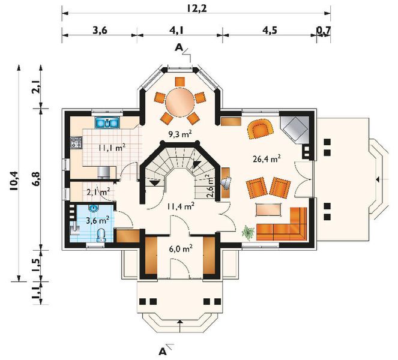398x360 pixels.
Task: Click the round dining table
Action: tap(180, 103)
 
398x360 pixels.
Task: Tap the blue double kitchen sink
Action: tap(107, 123)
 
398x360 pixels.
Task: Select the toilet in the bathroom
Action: tap(101, 235)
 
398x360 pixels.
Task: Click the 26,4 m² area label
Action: tap(267, 159)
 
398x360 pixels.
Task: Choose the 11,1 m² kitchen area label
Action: tap(112, 147)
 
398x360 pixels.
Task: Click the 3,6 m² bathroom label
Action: tap(98, 220)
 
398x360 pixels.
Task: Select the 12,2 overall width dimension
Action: tap(197, 8)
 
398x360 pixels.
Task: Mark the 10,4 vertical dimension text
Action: tap(14, 181)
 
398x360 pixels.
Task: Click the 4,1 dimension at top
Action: tap(178, 30)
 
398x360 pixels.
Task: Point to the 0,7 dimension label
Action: tap(324, 30)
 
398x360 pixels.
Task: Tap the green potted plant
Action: tap(248, 233)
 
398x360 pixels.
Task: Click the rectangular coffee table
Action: tap(269, 210)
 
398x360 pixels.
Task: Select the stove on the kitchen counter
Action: tap(76, 142)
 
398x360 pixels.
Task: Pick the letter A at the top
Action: tap(179, 47)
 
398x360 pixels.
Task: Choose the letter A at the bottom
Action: tap(162, 352)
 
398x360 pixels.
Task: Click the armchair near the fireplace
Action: tap(261, 129)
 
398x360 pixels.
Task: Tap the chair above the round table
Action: tap(180, 82)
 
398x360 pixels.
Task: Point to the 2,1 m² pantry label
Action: tap(98, 191)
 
